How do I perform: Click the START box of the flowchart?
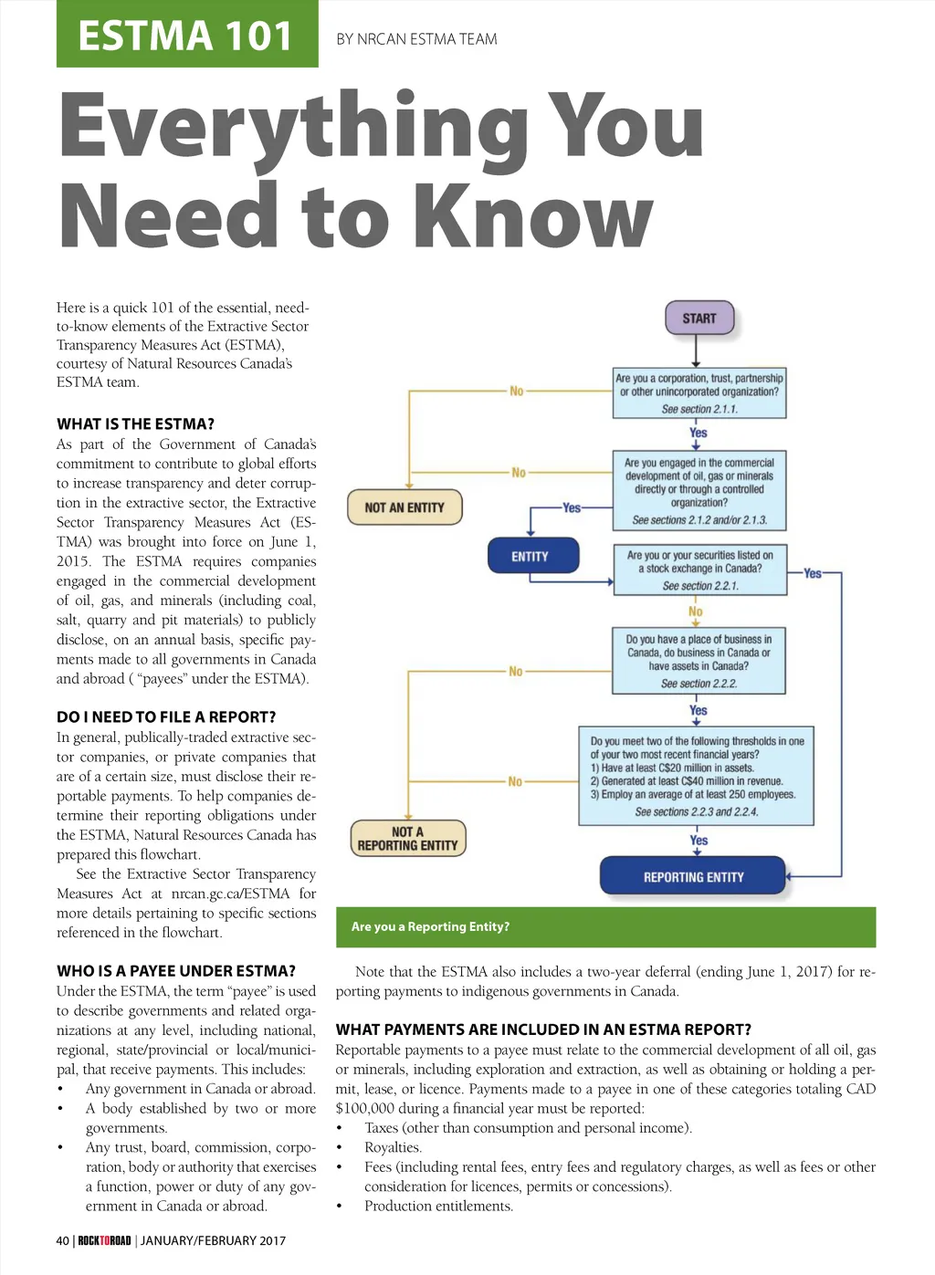tap(699, 319)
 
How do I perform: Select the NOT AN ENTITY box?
tap(404, 507)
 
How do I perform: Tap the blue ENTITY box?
tap(530, 556)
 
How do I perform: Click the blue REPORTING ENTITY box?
tap(693, 877)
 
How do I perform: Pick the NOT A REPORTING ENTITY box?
tap(407, 839)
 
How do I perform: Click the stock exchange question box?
tap(699, 570)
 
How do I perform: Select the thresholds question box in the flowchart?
tap(697, 776)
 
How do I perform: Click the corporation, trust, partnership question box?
tap(699, 392)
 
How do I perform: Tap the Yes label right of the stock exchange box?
tap(813, 573)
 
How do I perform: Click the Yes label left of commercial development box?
tap(572, 507)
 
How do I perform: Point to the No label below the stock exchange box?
tap(696, 611)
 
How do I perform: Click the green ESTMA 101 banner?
tap(187, 35)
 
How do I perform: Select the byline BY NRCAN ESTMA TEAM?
tap(416, 39)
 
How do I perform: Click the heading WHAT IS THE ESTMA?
tap(135, 423)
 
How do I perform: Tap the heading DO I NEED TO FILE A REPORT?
tap(166, 716)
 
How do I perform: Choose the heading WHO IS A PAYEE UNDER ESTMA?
tap(176, 970)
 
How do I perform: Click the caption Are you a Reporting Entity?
tap(430, 926)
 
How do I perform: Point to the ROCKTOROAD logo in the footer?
tap(104, 1240)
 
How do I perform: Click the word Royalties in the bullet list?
tap(393, 1147)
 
